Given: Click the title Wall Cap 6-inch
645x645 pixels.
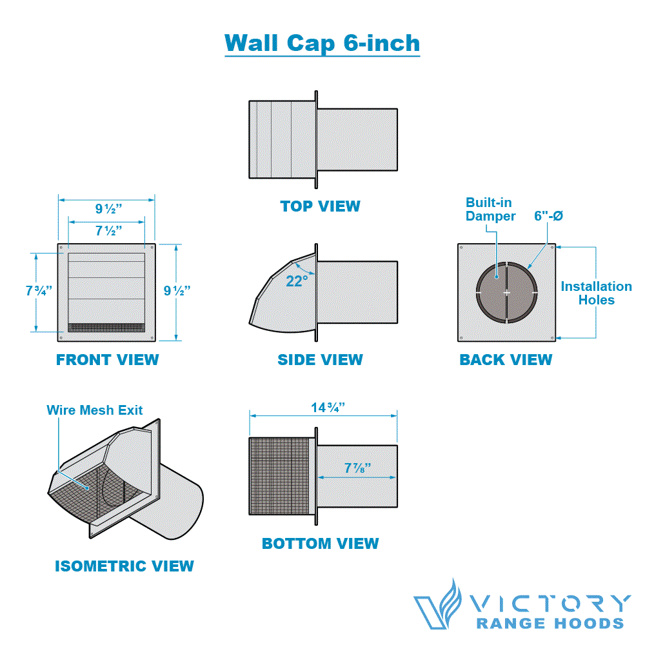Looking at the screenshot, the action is (322, 43).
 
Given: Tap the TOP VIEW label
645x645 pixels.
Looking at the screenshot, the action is (320, 206).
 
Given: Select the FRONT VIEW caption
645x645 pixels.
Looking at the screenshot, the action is (107, 359).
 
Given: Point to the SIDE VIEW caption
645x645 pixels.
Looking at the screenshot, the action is (320, 359).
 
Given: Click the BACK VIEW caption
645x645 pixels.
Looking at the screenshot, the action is (506, 359).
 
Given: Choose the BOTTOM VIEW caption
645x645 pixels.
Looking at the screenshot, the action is (320, 543).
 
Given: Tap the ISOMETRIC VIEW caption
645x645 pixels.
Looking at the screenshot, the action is (124, 566).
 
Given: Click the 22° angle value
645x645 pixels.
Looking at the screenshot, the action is (297, 281).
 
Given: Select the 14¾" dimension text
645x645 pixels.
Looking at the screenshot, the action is (328, 408).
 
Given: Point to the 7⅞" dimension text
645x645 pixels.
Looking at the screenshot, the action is (357, 468).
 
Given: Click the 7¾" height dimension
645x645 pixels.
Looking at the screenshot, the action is (39, 291).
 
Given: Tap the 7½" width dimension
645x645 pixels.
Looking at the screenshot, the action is (108, 231).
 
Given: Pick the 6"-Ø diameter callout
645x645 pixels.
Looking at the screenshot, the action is (548, 216).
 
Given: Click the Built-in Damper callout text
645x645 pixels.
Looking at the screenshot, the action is (490, 210).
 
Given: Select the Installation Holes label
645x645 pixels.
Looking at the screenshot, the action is (597, 293).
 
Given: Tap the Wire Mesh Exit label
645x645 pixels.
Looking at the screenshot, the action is (95, 410).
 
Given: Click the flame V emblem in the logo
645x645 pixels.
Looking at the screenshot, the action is (438, 605).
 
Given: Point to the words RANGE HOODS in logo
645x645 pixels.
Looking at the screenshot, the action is (550, 623).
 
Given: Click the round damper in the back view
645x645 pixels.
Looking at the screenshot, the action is (507, 292).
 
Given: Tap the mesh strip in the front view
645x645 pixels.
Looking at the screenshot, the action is (106, 328).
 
